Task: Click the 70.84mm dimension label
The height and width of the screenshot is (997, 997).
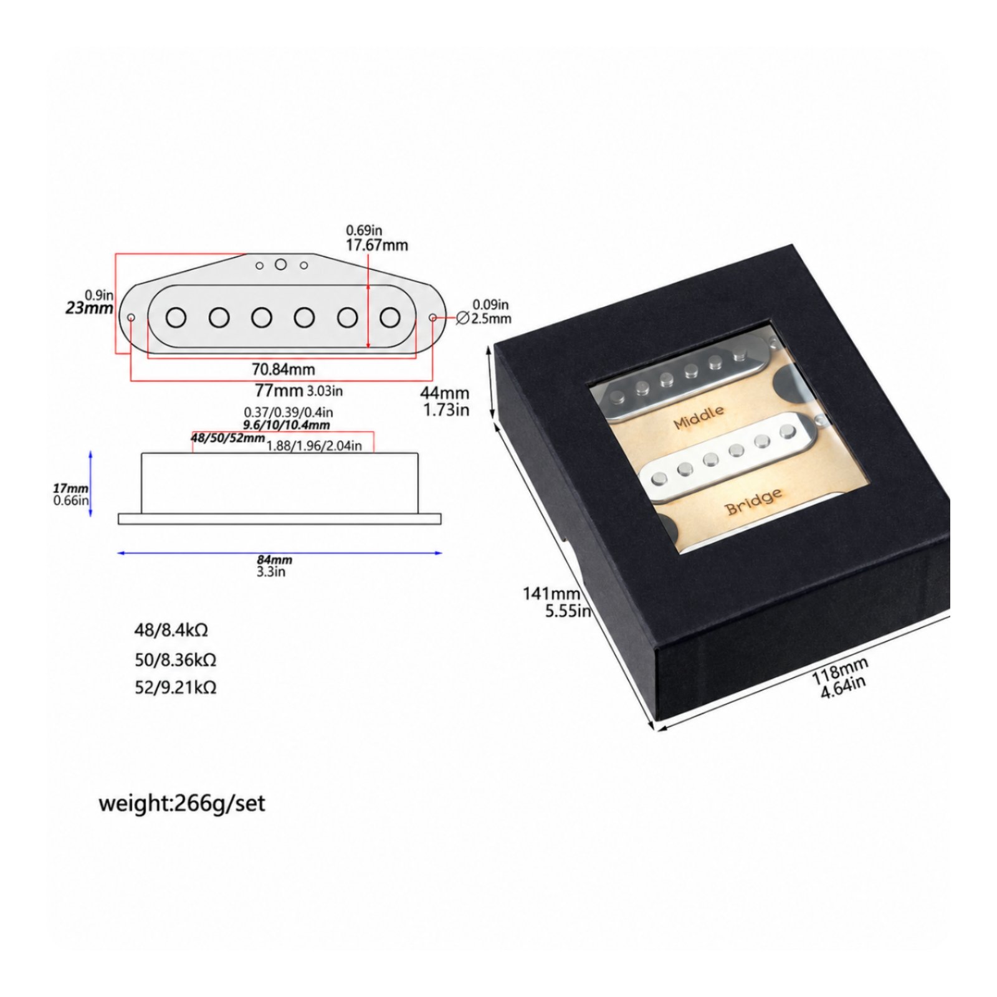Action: pyautogui.click(x=283, y=370)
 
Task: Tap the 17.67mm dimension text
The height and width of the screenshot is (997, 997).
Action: pyautogui.click(x=377, y=245)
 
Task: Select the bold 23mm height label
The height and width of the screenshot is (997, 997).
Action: pyautogui.click(x=90, y=308)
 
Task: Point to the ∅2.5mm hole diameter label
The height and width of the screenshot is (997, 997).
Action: pyautogui.click(x=484, y=318)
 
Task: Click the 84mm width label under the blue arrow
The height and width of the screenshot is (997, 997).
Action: pyautogui.click(x=274, y=560)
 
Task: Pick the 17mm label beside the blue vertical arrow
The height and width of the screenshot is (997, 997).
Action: pyautogui.click(x=70, y=489)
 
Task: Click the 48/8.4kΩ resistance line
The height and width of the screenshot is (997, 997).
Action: pyautogui.click(x=171, y=630)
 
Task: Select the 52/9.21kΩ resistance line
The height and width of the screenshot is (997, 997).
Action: pyautogui.click(x=176, y=687)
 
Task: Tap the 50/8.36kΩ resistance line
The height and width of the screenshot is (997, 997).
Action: pyautogui.click(x=176, y=659)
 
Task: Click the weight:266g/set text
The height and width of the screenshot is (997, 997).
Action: pyautogui.click(x=182, y=803)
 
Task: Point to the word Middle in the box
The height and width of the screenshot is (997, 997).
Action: pyautogui.click(x=699, y=417)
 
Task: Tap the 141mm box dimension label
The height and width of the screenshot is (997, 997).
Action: pyautogui.click(x=551, y=594)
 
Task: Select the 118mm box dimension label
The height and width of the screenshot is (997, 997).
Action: pyautogui.click(x=839, y=671)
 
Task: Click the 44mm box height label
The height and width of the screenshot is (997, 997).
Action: pyautogui.click(x=444, y=393)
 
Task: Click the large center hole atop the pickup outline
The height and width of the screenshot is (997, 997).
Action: pyautogui.click(x=281, y=264)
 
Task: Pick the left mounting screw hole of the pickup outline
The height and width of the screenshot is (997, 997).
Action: pyautogui.click(x=131, y=318)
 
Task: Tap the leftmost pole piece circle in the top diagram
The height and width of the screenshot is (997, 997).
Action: pyautogui.click(x=176, y=318)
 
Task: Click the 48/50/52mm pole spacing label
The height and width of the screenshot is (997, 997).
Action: pyautogui.click(x=227, y=438)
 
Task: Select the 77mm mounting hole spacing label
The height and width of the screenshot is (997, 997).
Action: pyautogui.click(x=279, y=391)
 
